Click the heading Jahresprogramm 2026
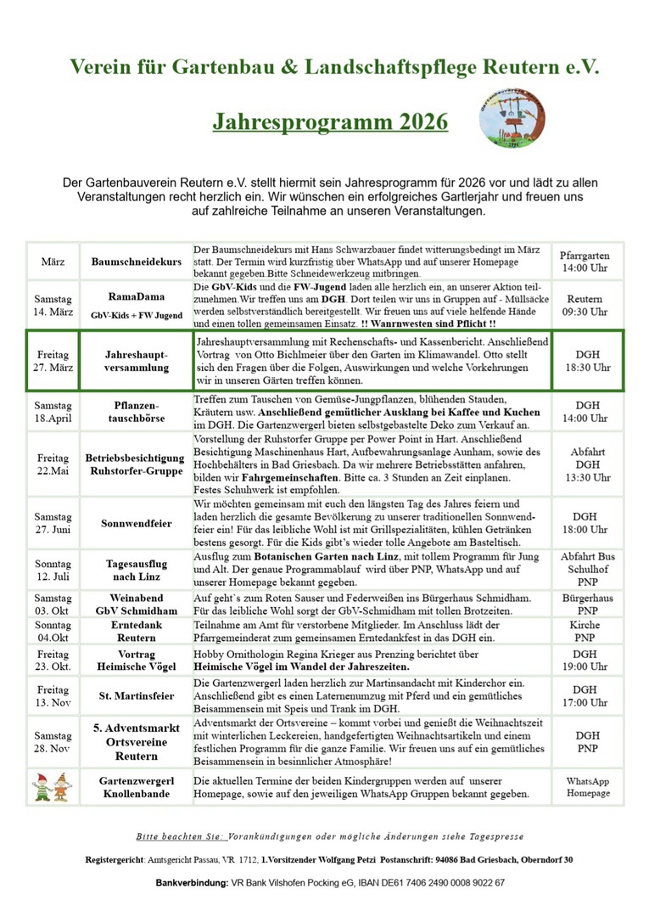[330, 121]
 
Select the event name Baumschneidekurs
[137, 262]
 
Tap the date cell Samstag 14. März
[53, 306]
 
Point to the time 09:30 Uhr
[585, 312]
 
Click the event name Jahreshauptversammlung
[137, 360]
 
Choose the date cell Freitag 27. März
[53, 360]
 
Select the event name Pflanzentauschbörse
[137, 412]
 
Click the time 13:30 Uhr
[585, 478]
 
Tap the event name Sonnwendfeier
[137, 523]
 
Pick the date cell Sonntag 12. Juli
[53, 569]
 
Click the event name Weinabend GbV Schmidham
[137, 604]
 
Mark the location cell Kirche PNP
[585, 630]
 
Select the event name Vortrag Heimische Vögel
[137, 661]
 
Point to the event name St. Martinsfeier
[137, 696]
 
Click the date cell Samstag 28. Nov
[53, 741]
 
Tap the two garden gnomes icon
[52, 786]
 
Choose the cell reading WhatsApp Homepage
[589, 786]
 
